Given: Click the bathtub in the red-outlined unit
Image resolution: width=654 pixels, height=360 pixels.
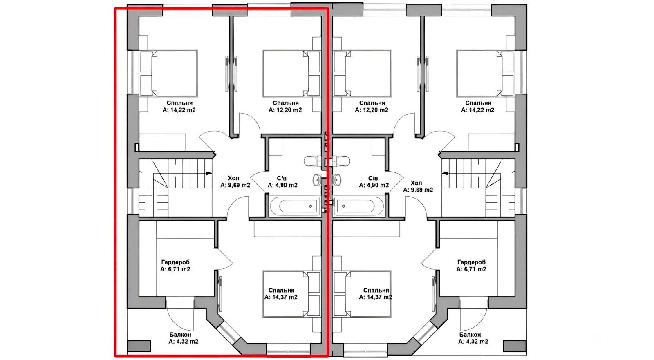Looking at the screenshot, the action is point(295,206).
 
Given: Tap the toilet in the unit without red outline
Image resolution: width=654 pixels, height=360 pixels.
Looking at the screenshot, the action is point(341,161).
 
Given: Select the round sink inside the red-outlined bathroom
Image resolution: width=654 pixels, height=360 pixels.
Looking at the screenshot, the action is point(317,180).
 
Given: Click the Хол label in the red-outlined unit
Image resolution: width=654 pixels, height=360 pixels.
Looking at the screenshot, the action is point(233,178).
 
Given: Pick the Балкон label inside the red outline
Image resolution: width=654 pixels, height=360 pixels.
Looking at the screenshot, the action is point(180,335).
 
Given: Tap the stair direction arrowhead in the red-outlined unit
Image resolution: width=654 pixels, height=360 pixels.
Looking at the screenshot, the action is point(209,173).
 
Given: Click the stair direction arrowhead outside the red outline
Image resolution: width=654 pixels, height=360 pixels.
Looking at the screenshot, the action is point(445,173).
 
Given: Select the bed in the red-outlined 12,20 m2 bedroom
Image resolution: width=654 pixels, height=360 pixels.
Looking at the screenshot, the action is point(286,73).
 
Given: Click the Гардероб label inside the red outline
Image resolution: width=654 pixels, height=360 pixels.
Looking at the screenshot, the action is point(175,262).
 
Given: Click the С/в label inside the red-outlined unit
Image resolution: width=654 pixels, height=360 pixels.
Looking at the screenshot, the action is point(282,178).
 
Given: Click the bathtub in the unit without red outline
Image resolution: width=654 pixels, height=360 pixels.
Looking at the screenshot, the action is point(358,206).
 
